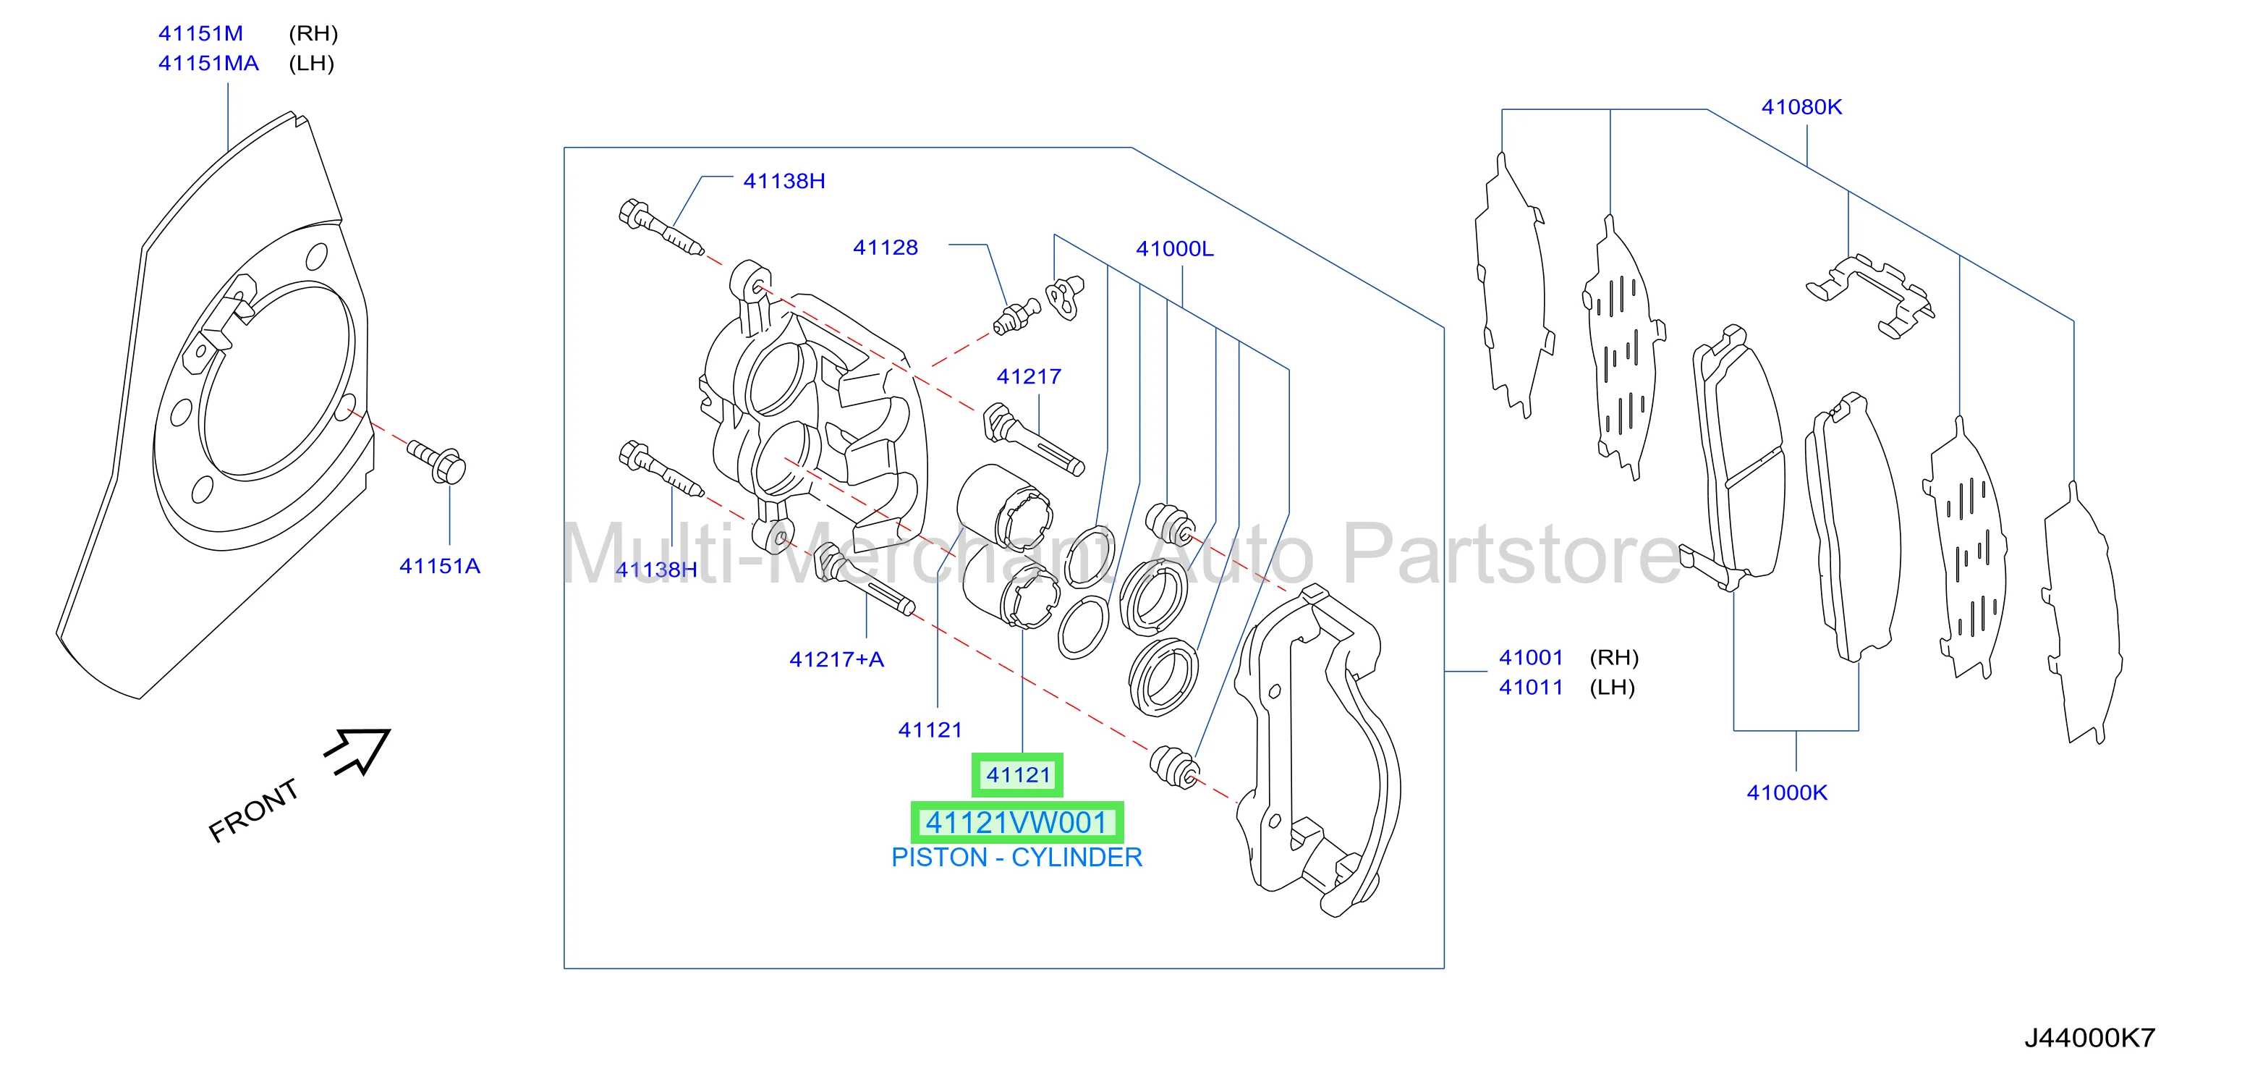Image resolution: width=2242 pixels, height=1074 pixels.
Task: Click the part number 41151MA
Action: [208, 63]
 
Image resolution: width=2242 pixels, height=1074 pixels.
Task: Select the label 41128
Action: [885, 248]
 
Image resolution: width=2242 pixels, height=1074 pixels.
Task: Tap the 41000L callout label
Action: [1174, 248]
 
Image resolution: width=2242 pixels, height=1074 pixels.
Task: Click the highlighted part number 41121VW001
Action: [1016, 822]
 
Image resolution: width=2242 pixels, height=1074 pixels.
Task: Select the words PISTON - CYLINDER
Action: [1016, 858]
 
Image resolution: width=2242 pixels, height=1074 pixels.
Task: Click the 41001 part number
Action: [1531, 657]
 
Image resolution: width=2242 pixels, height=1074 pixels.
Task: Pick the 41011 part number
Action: [1531, 687]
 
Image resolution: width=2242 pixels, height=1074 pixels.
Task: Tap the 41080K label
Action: [1801, 107]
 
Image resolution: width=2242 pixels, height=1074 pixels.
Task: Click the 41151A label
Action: [440, 566]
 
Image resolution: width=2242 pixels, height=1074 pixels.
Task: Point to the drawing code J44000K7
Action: [2089, 1037]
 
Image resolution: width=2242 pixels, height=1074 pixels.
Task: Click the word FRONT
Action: [253, 811]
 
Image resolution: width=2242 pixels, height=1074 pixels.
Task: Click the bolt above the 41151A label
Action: [437, 460]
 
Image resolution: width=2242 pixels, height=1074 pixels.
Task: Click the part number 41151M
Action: [200, 33]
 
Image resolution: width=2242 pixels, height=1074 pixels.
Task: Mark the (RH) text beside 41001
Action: [1613, 657]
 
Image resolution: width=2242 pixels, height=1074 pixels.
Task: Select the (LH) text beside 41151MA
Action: [312, 63]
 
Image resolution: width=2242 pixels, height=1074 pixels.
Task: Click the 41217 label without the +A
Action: [1029, 376]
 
